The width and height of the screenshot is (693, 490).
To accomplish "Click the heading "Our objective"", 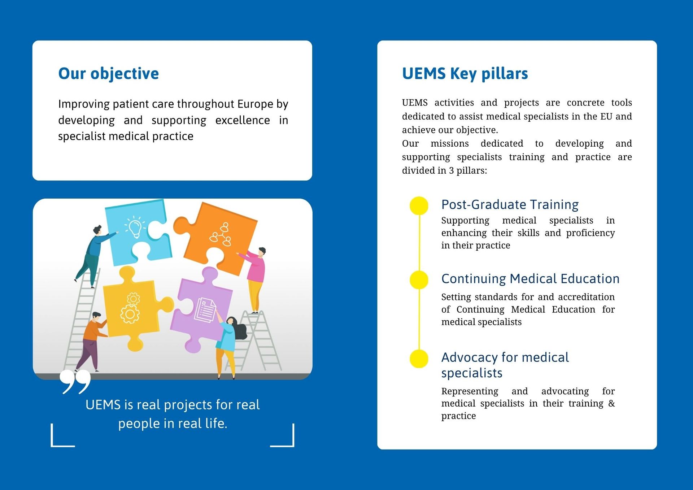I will (x=108, y=74).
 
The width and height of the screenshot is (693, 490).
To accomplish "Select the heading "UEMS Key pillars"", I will (x=465, y=74).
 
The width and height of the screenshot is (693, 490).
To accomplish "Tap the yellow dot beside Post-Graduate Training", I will (x=419, y=206).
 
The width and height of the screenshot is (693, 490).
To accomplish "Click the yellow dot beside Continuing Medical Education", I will (x=419, y=280).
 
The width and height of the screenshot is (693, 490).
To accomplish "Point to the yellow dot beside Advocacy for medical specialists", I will (x=419, y=359).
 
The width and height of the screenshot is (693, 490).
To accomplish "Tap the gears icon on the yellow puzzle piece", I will (x=131, y=308).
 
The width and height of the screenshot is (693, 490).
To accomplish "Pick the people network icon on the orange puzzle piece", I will (x=221, y=235).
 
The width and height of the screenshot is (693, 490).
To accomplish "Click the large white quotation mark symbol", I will (x=75, y=381).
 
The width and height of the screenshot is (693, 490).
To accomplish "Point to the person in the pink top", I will (x=256, y=278).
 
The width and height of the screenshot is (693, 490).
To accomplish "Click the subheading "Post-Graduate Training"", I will (x=510, y=205).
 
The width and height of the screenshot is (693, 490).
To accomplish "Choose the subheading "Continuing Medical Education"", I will (x=530, y=279).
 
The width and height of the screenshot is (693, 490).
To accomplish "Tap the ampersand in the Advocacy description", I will (x=611, y=403).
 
